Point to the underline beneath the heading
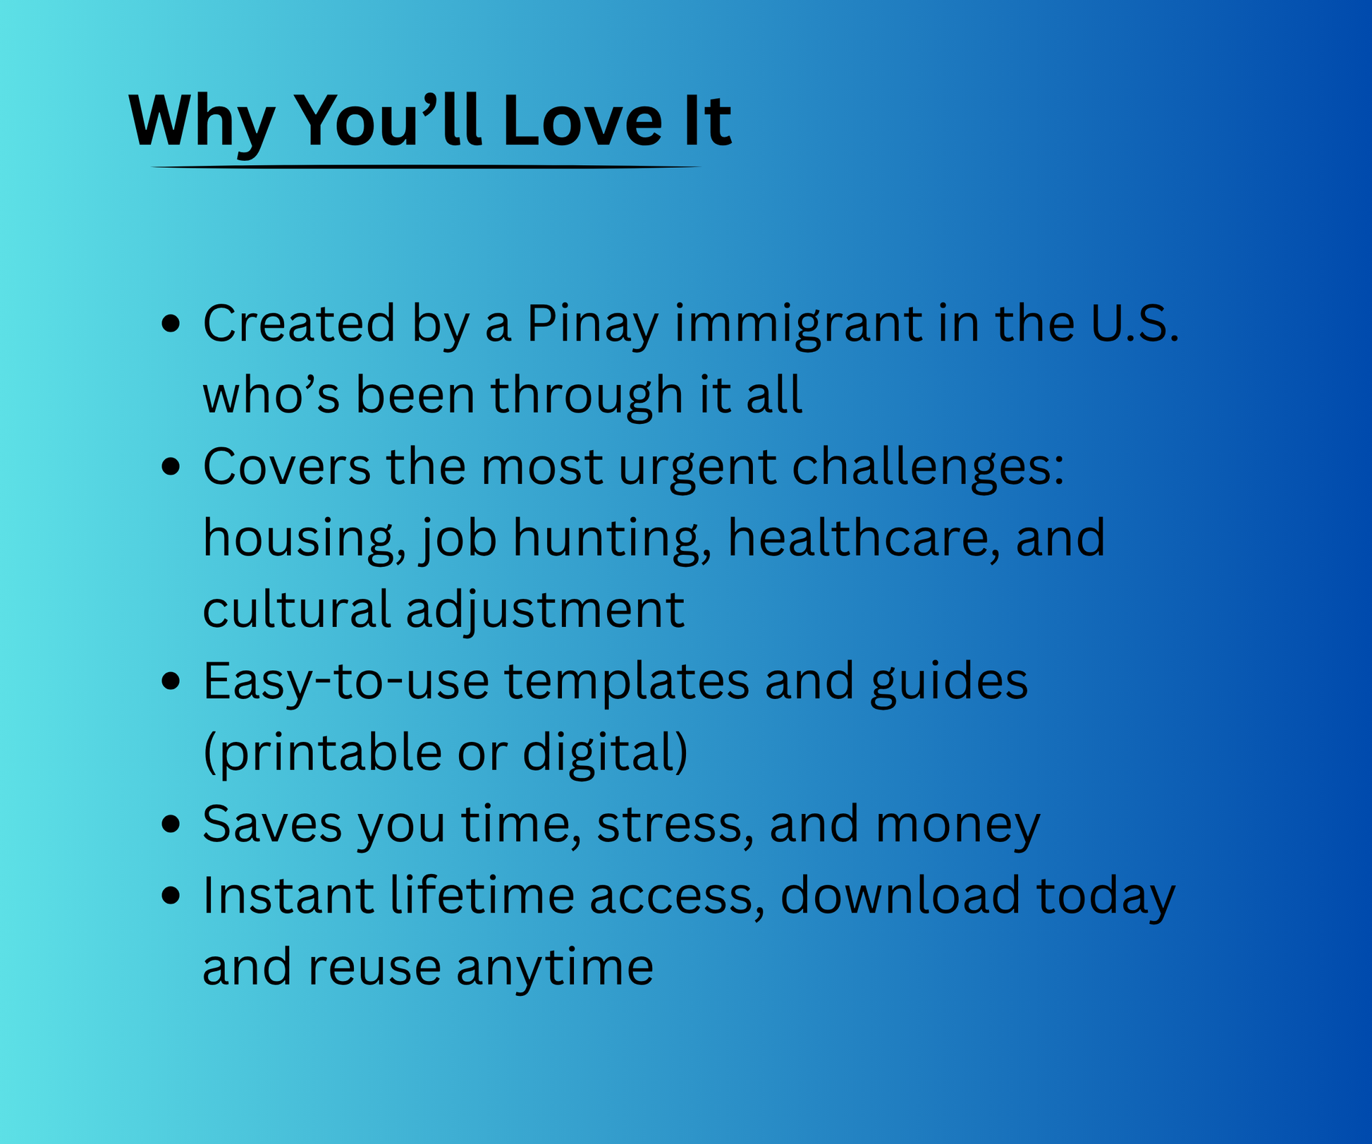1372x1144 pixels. pos(426,167)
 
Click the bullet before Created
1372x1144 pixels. pos(171,324)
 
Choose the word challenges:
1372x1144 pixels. pos(929,468)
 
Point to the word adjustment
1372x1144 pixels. pos(545,611)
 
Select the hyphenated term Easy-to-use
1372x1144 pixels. pos(346,683)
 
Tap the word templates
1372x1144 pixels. pos(627,683)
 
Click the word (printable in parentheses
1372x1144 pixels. pos(322,753)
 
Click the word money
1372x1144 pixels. pos(958,826)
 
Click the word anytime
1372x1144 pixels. pos(555,968)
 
